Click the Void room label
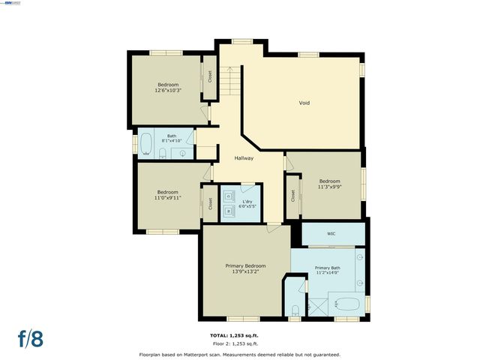(x=304, y=103)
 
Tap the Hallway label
(x=244, y=158)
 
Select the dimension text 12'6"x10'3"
(x=168, y=90)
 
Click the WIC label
(x=331, y=234)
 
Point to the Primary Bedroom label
(x=246, y=265)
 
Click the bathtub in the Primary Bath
(x=347, y=304)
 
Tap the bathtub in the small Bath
(x=145, y=142)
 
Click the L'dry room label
(x=247, y=199)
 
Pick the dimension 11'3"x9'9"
(x=330, y=187)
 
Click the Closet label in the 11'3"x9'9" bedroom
(x=292, y=196)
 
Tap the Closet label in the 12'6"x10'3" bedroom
(x=209, y=76)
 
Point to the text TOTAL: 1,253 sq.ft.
(x=239, y=335)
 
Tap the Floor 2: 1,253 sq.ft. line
(x=239, y=343)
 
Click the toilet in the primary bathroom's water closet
(x=295, y=310)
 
